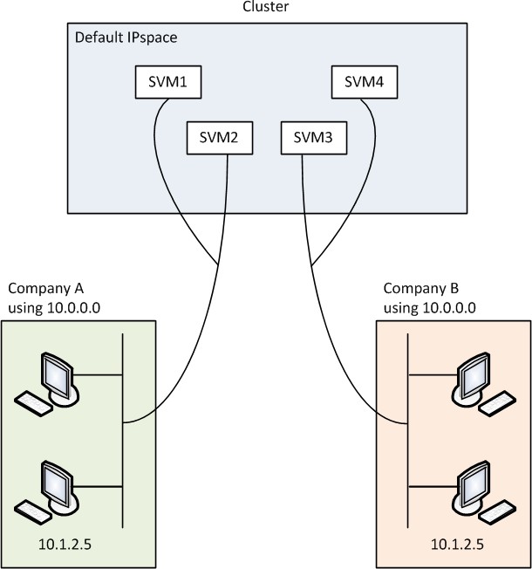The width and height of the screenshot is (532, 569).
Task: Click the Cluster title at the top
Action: [x=266, y=8]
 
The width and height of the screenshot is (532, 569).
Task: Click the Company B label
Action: [x=420, y=289]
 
